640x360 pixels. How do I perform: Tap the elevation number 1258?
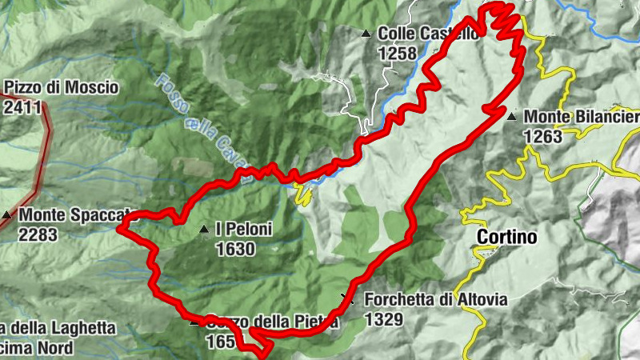(398, 54)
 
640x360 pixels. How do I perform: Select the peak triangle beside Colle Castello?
(366, 34)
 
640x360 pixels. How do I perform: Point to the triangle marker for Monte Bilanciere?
(511, 117)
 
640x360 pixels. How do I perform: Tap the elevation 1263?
(544, 137)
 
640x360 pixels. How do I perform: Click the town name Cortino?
(507, 237)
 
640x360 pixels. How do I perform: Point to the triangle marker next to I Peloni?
(203, 230)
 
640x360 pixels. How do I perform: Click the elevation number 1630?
(235, 250)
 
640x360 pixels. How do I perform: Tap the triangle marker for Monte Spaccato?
(6, 215)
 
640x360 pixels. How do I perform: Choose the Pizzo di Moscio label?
(61, 87)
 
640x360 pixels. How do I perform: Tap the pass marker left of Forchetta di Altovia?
(346, 299)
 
